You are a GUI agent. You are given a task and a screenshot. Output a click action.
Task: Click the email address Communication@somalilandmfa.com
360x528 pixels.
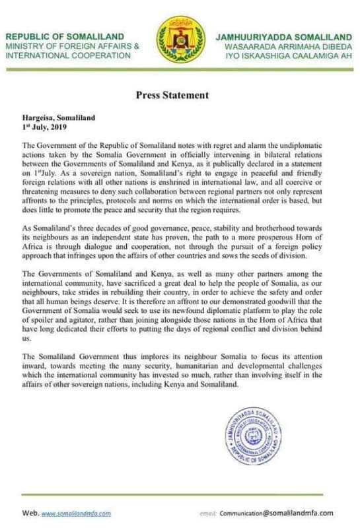[x=285, y=513]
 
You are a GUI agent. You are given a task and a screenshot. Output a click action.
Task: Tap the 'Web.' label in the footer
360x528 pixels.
[x=30, y=513]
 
